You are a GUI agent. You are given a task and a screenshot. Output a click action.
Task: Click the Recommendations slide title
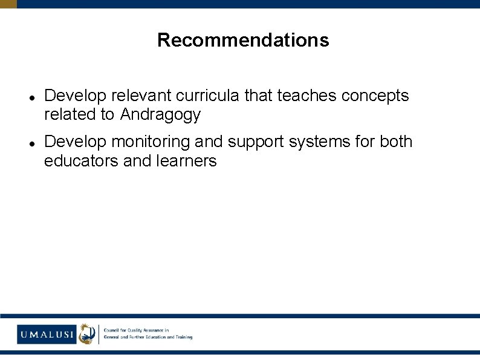point(243,40)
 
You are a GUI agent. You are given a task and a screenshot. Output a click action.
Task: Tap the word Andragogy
point(160,114)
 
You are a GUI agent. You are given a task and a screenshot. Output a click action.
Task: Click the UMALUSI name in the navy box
point(47,333)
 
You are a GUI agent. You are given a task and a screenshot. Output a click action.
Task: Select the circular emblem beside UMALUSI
point(87,333)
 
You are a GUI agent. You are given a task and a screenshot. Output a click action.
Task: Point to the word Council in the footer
point(113,330)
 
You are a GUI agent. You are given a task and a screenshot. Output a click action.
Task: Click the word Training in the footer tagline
point(183,337)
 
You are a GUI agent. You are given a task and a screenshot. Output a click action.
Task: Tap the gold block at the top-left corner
point(8,4)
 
